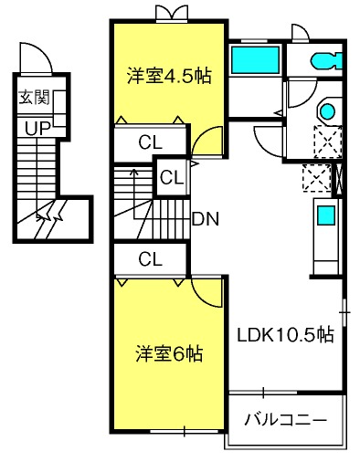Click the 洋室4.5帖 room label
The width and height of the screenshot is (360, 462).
click(x=169, y=76)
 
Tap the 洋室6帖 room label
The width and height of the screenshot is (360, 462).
click(x=169, y=353)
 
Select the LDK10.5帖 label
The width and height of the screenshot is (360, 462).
click(x=286, y=335)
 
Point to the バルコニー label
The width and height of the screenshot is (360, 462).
click(x=286, y=420)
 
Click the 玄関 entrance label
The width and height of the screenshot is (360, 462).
click(x=34, y=98)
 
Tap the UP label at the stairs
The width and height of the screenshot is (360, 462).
click(x=37, y=129)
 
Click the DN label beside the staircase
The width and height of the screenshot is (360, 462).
click(x=206, y=219)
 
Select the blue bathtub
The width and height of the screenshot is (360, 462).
click(x=255, y=60)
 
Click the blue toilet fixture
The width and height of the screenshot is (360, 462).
click(x=327, y=61)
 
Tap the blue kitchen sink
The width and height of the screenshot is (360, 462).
click(x=326, y=215)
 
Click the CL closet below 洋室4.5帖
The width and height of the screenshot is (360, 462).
click(x=150, y=142)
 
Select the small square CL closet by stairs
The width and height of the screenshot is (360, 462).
click(x=172, y=177)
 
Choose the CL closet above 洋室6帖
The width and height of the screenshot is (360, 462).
click(x=150, y=259)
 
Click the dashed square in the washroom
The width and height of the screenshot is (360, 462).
click(x=328, y=142)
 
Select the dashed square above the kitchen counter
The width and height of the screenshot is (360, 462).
click(x=317, y=178)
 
